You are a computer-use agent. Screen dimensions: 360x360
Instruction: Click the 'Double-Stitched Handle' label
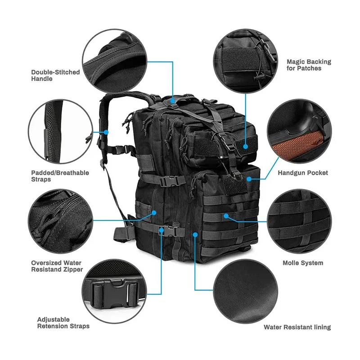coord(55,75)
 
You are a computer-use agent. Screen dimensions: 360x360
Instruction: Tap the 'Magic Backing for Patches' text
coord(308,65)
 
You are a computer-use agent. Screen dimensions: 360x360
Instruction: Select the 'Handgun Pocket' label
coord(302,173)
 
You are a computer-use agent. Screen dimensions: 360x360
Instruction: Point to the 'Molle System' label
coord(302,263)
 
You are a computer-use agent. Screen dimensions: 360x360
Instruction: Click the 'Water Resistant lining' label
coord(297,327)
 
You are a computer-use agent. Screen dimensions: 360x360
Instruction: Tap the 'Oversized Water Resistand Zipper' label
coord(57,266)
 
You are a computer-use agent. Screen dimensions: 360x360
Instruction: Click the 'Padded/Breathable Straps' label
coord(60,176)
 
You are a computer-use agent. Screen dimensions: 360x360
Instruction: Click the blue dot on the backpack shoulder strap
coord(107,132)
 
